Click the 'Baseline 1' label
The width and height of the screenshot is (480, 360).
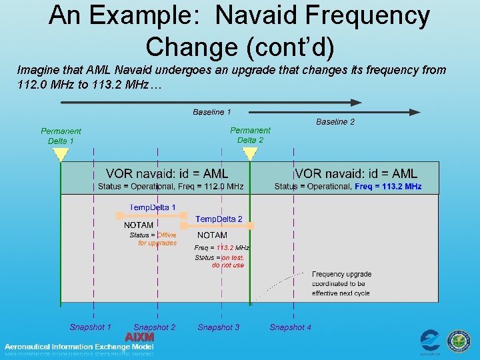(x=212, y=112)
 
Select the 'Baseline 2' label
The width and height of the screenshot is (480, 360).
(x=335, y=122)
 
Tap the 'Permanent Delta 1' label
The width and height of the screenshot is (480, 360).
(x=61, y=136)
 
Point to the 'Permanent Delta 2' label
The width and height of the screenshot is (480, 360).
(x=250, y=135)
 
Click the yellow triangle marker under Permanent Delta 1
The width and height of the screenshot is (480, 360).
(x=61, y=155)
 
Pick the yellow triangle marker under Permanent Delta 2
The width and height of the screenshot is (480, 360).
(x=250, y=154)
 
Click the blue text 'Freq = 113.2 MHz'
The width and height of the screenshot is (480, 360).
(x=388, y=187)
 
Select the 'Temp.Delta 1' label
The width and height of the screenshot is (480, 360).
(x=153, y=207)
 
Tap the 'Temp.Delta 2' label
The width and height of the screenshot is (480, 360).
(x=219, y=219)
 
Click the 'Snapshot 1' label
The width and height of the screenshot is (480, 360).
(x=90, y=327)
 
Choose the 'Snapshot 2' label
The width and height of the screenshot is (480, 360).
(x=155, y=327)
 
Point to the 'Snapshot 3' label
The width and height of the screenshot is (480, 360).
(x=219, y=327)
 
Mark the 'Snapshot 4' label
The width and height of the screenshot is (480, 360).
(x=290, y=327)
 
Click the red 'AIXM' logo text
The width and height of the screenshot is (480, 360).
(x=140, y=337)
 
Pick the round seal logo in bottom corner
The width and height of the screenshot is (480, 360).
(x=458, y=341)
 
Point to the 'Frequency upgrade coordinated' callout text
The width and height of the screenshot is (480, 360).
(x=342, y=283)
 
